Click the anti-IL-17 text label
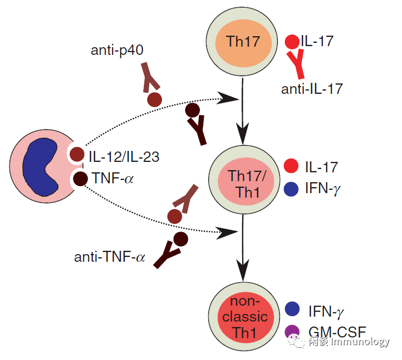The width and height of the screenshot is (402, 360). point(313,87)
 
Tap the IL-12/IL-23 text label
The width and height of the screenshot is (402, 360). point(124,157)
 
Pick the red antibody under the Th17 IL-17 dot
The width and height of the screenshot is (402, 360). point(297,64)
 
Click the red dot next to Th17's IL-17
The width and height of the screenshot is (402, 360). point(293,41)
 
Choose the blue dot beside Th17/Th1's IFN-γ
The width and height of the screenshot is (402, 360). point(291,188)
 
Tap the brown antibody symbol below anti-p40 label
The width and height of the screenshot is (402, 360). point(150,76)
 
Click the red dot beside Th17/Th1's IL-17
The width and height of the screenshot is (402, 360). point(291,166)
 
